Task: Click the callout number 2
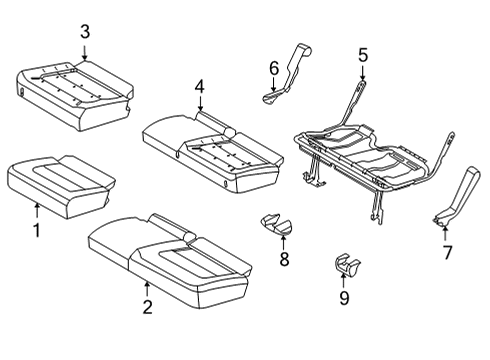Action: (147, 307)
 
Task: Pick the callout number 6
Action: (272, 67)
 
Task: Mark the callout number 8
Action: (283, 262)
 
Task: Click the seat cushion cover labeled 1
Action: (55, 180)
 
